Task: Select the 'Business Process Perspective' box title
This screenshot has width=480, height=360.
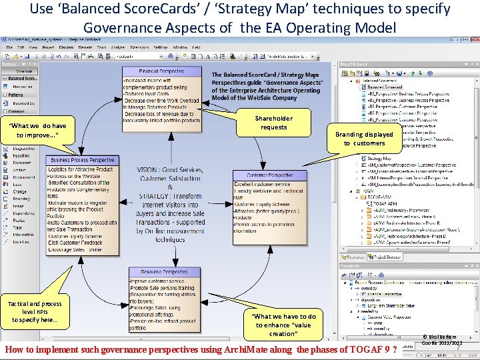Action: [x=83, y=160]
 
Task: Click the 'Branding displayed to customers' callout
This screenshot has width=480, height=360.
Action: [x=364, y=139]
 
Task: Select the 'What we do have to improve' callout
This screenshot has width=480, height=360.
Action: [x=37, y=131]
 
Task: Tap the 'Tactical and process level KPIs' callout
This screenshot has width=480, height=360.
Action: [x=35, y=312]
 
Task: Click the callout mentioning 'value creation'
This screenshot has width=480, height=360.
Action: [x=283, y=325]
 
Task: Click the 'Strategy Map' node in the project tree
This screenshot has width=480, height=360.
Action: [x=379, y=159]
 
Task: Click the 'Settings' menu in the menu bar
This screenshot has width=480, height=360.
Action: [x=161, y=47]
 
